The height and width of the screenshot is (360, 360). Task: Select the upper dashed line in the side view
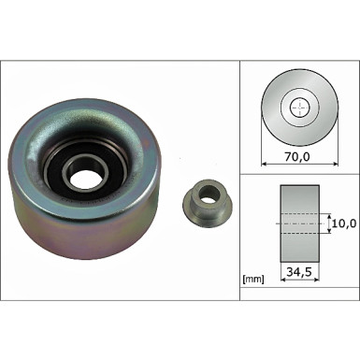click(300, 216)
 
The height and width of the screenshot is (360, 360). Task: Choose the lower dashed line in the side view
click(300, 233)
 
